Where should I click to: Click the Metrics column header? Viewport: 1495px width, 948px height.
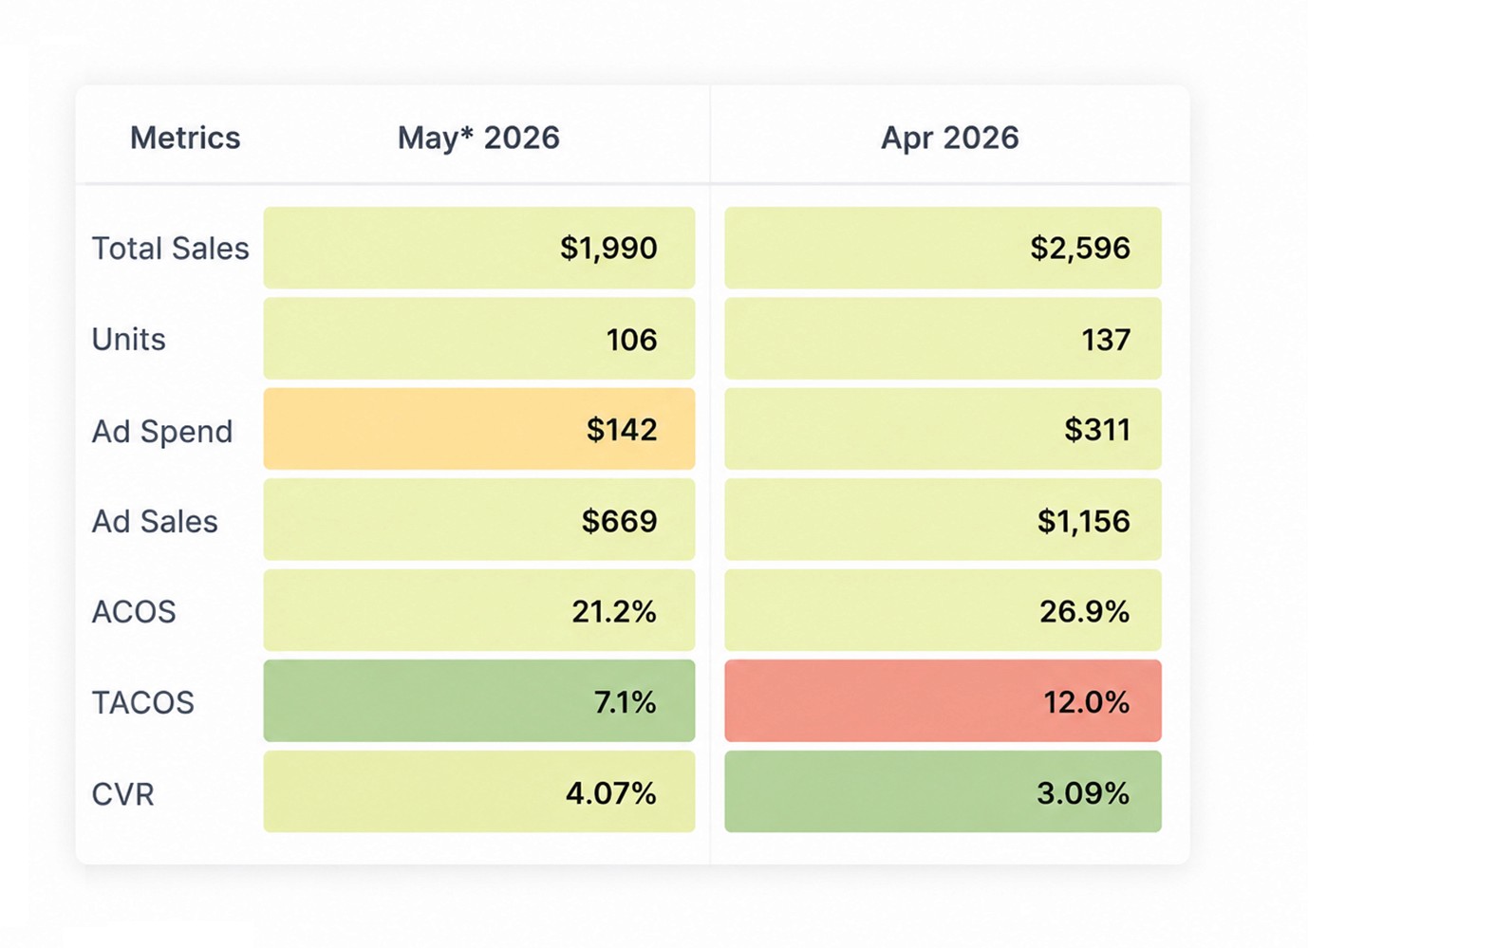point(185,139)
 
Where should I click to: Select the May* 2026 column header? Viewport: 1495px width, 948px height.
point(478,139)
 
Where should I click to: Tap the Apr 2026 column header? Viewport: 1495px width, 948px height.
point(950,139)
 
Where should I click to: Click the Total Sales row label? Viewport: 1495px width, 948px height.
point(170,249)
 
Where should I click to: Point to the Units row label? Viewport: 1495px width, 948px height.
point(128,339)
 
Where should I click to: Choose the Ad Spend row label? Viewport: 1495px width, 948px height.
point(162,431)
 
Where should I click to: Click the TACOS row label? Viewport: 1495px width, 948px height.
point(142,702)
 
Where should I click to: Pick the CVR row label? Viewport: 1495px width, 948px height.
point(122,794)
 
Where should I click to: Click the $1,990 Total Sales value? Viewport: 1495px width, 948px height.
point(608,249)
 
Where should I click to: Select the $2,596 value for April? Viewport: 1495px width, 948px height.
point(1080,249)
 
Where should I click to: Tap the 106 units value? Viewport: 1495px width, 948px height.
point(631,340)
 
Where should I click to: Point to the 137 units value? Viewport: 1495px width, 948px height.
point(1106,340)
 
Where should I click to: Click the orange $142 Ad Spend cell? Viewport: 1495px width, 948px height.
point(479,429)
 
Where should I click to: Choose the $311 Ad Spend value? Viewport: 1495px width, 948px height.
point(1097,430)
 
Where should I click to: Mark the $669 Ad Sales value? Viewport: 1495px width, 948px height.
point(619,520)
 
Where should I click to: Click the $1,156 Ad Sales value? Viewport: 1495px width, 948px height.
point(1084,520)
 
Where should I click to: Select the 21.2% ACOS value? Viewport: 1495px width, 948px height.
point(614,611)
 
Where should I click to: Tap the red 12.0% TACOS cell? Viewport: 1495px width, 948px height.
point(944,700)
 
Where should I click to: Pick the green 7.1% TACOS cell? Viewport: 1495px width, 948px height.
point(479,700)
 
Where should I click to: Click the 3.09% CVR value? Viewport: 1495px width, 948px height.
point(1082,793)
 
